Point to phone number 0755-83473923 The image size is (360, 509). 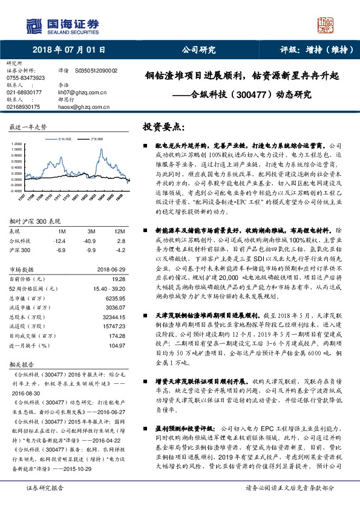[x=25, y=78]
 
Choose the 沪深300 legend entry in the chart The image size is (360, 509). [x=95, y=138]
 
